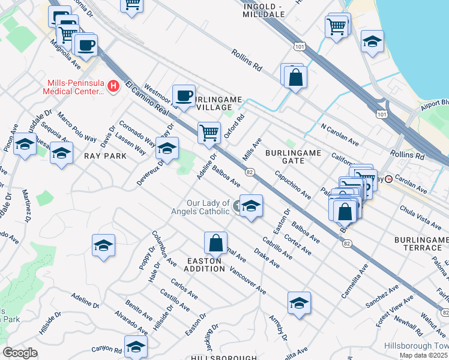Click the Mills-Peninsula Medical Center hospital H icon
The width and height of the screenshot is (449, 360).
(112, 88)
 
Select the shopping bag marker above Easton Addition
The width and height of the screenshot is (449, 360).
(215, 243)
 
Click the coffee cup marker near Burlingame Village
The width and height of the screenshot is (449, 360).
(184, 95)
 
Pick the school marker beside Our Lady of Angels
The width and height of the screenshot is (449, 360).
(252, 206)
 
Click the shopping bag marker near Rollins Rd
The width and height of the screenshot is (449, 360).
(295, 77)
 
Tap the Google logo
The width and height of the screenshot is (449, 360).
(20, 353)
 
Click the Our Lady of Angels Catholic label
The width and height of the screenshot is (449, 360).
(208, 207)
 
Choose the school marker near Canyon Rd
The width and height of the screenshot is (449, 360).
(136, 347)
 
